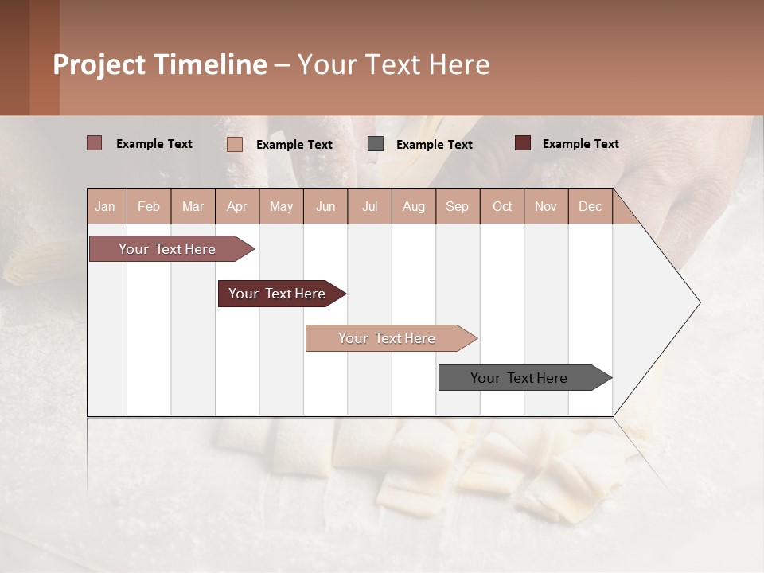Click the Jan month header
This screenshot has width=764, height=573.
pyautogui.click(x=105, y=206)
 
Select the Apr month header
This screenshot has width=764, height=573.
pyautogui.click(x=236, y=206)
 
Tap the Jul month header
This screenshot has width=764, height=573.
pyautogui.click(x=369, y=206)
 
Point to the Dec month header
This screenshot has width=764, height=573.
pyautogui.click(x=590, y=206)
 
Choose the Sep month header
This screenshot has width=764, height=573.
pyautogui.click(x=457, y=206)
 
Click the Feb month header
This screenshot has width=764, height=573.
pyautogui.click(x=149, y=206)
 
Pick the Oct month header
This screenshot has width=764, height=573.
pyautogui.click(x=502, y=206)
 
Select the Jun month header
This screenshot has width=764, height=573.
pyautogui.click(x=325, y=206)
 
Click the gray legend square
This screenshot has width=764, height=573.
pyautogui.click(x=376, y=144)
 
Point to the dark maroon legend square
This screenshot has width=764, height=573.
pyautogui.click(x=522, y=143)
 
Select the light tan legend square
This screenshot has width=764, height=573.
pyautogui.click(x=235, y=144)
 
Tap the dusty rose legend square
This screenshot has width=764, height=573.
pyautogui.click(x=94, y=143)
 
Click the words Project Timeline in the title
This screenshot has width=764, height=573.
pyautogui.click(x=160, y=64)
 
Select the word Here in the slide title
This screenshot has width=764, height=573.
pyautogui.click(x=459, y=64)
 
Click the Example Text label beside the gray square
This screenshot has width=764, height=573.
pyautogui.click(x=434, y=144)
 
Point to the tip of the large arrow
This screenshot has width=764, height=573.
pyautogui.click(x=699, y=302)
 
